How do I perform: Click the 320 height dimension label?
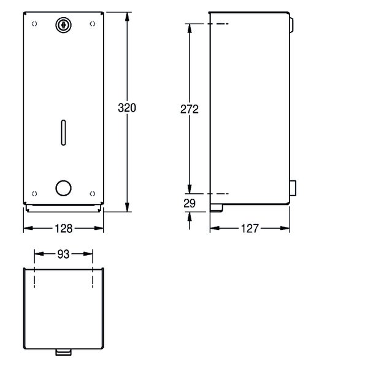tap(127, 108)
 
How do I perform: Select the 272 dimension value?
tap(190, 109)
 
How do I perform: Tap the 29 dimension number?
tap(190, 203)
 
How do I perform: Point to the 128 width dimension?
tap(63, 229)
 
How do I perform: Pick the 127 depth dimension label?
tap(250, 229)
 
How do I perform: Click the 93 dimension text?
tap(63, 254)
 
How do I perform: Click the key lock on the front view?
tap(63, 25)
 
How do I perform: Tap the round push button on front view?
tap(63, 188)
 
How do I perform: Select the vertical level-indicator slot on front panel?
tap(63, 132)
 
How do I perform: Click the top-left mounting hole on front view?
tap(34, 24)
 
